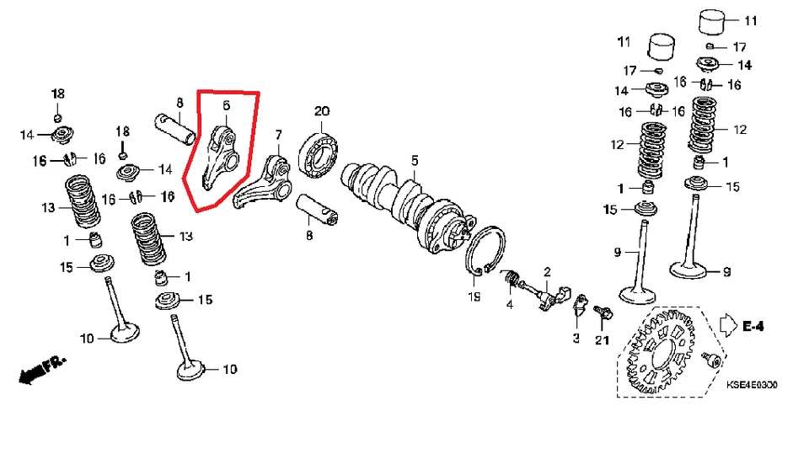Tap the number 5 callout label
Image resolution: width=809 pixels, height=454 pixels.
(x=415, y=160)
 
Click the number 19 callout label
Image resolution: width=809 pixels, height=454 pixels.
(x=474, y=297)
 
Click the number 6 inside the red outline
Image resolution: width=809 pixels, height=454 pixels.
(x=226, y=105)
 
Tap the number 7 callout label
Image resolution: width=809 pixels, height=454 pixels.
(x=277, y=134)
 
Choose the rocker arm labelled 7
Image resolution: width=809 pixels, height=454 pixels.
(x=268, y=181)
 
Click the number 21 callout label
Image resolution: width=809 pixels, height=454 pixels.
(x=601, y=340)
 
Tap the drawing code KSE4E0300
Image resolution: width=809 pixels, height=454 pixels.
(x=752, y=385)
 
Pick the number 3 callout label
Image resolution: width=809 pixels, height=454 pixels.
(x=576, y=337)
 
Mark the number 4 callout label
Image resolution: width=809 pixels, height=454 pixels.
(x=509, y=303)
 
